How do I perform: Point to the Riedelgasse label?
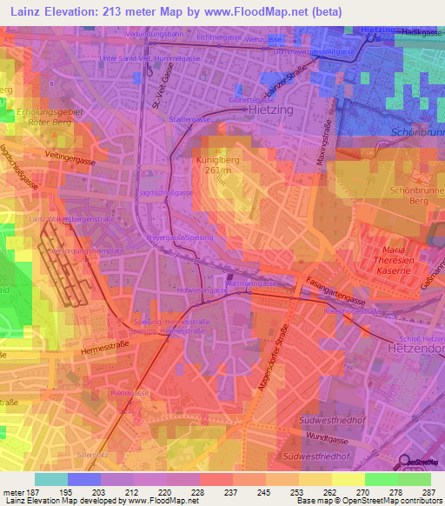coord(126,394)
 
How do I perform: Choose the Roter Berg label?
coord(35,123)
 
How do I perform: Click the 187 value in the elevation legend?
coord(30,491)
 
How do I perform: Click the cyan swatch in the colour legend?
coord(50,479)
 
